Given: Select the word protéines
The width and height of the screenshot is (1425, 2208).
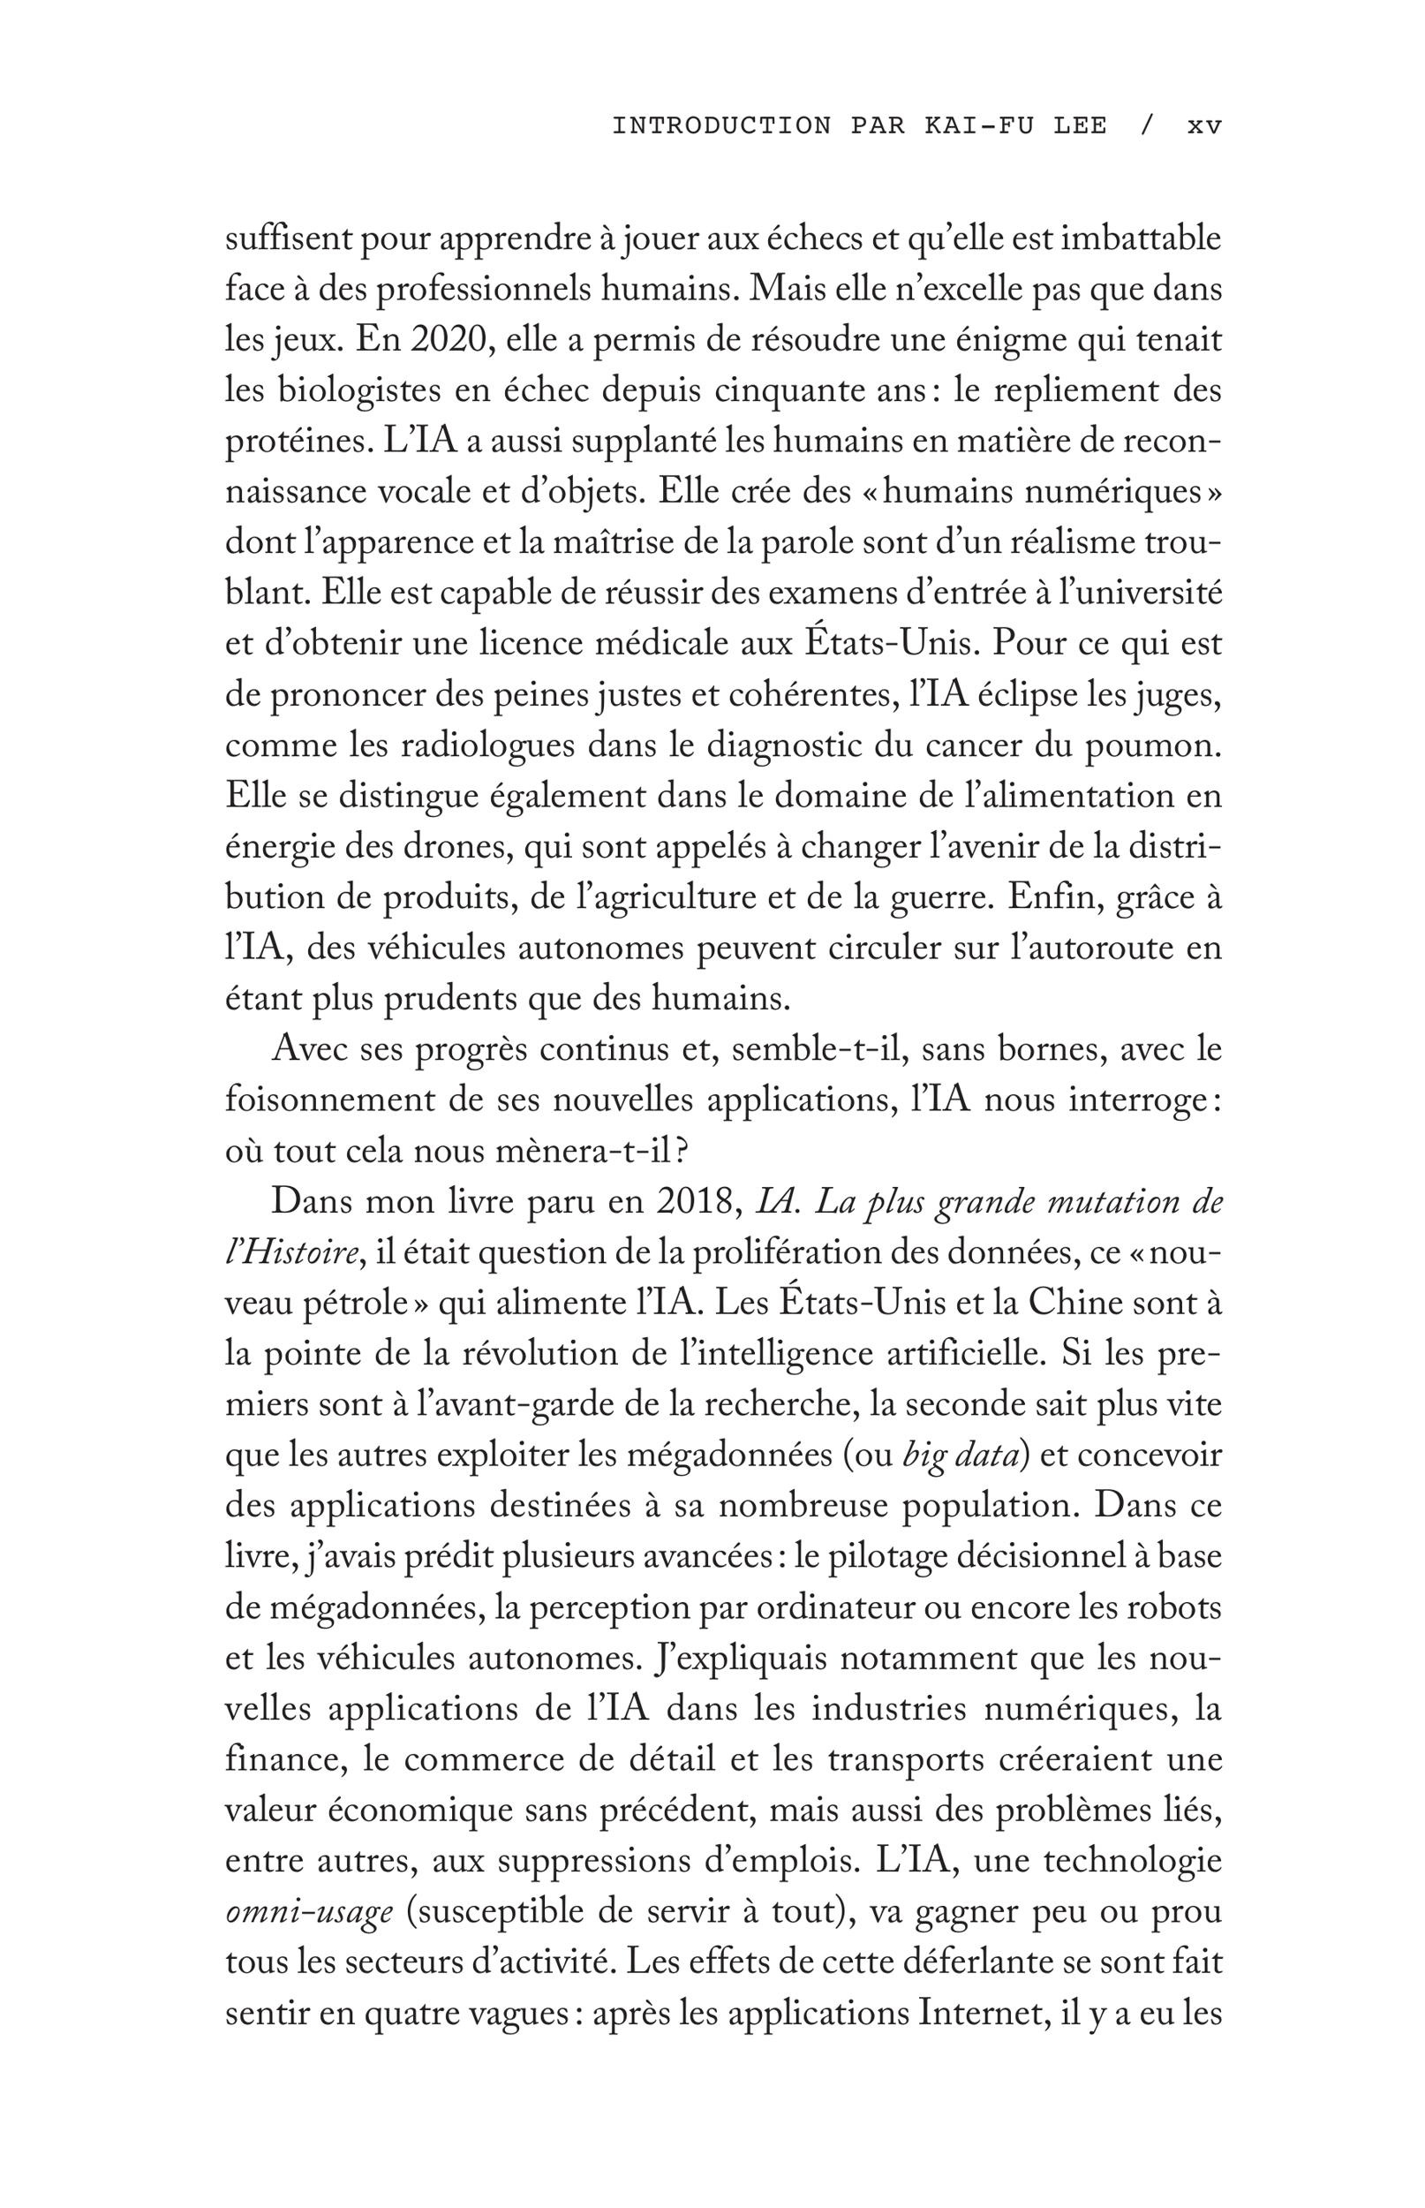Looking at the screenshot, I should tap(292, 442).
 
